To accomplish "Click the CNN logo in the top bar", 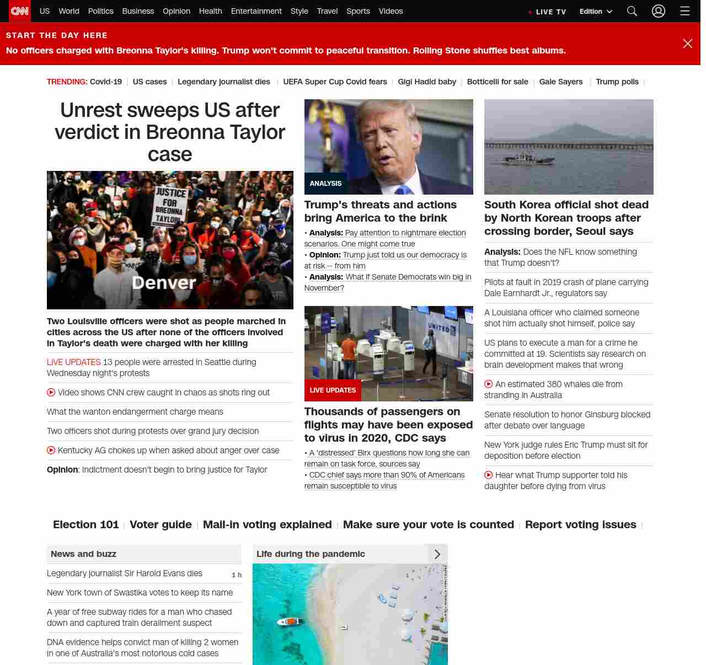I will click(20, 11).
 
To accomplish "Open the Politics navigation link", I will click(100, 11).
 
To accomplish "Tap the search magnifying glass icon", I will click(632, 11).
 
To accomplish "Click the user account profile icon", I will click(658, 11).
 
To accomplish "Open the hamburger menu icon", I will click(684, 11).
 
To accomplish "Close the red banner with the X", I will click(687, 44).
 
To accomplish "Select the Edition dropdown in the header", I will click(596, 12).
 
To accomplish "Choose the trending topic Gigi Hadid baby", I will click(427, 82).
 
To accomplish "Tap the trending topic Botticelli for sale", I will click(497, 82).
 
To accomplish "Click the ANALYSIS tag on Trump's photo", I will click(325, 184).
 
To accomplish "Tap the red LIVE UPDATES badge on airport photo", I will click(333, 390).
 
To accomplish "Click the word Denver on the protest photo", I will click(164, 283).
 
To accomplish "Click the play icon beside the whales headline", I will click(489, 384).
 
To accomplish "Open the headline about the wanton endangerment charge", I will click(135, 412).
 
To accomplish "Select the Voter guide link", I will click(161, 524).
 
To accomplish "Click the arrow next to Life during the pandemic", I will click(437, 554).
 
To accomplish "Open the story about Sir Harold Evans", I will click(125, 573).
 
